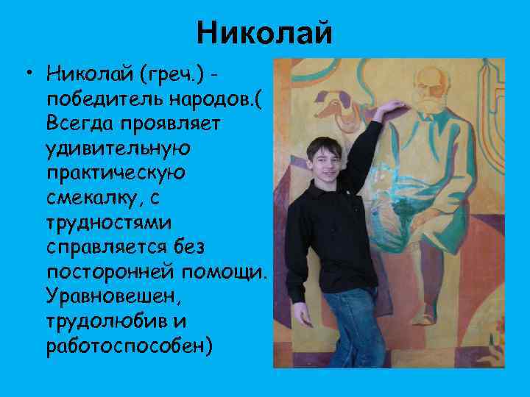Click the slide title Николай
[265, 33]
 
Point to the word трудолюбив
[100, 321]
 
